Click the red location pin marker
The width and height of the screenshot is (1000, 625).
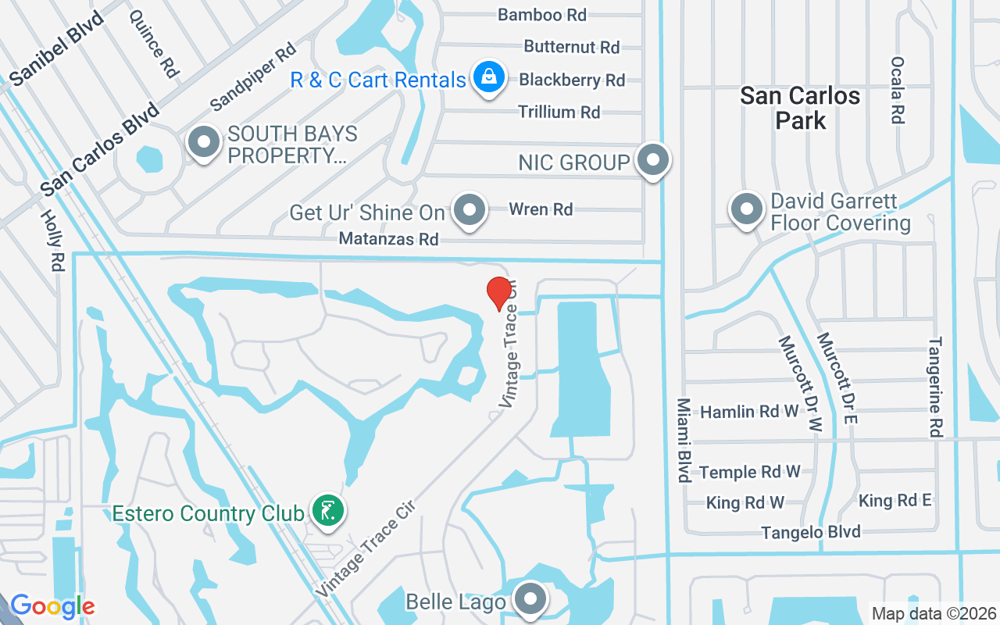coord(499,293)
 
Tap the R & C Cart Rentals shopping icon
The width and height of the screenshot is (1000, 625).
coord(488,78)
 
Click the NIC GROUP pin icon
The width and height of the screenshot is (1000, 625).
coord(653,160)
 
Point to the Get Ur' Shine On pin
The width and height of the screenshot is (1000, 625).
coord(470,209)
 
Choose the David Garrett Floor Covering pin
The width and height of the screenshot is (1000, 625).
coord(747,209)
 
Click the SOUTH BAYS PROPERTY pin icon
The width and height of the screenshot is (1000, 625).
coord(205,143)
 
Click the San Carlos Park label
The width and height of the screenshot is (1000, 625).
coord(800,108)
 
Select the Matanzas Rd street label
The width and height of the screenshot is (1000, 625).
coord(388,239)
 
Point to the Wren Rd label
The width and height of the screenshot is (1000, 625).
coord(541,209)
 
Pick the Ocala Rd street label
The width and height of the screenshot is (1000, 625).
coord(897,90)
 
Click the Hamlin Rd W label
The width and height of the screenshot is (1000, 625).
coord(749,412)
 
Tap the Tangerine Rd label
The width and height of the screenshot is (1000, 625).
coord(935,387)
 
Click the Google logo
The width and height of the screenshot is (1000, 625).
coord(52,606)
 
